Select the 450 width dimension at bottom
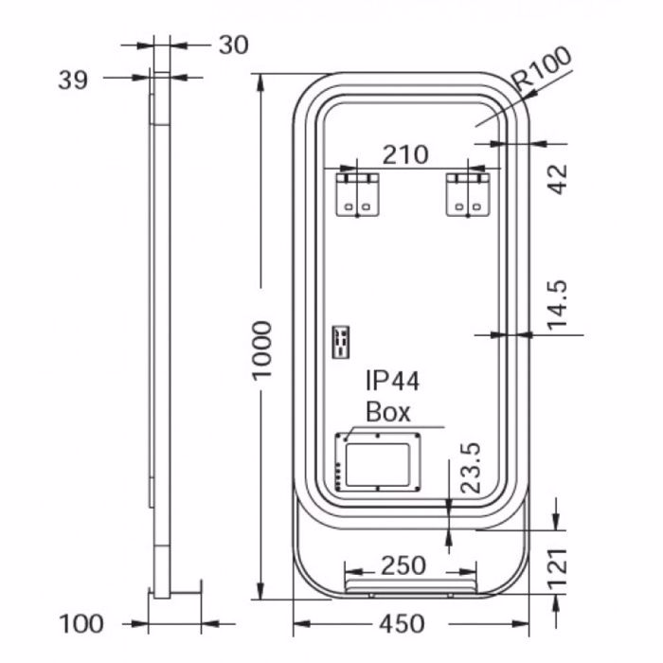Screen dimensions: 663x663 [402, 625]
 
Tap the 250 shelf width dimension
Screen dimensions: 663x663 [403, 566]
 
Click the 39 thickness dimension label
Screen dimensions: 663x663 [73, 81]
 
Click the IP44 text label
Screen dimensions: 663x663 [393, 382]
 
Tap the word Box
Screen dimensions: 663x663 [388, 412]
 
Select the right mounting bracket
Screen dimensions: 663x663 [468, 193]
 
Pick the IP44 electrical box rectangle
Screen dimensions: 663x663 [378, 461]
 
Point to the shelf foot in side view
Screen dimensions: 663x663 [176, 589]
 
